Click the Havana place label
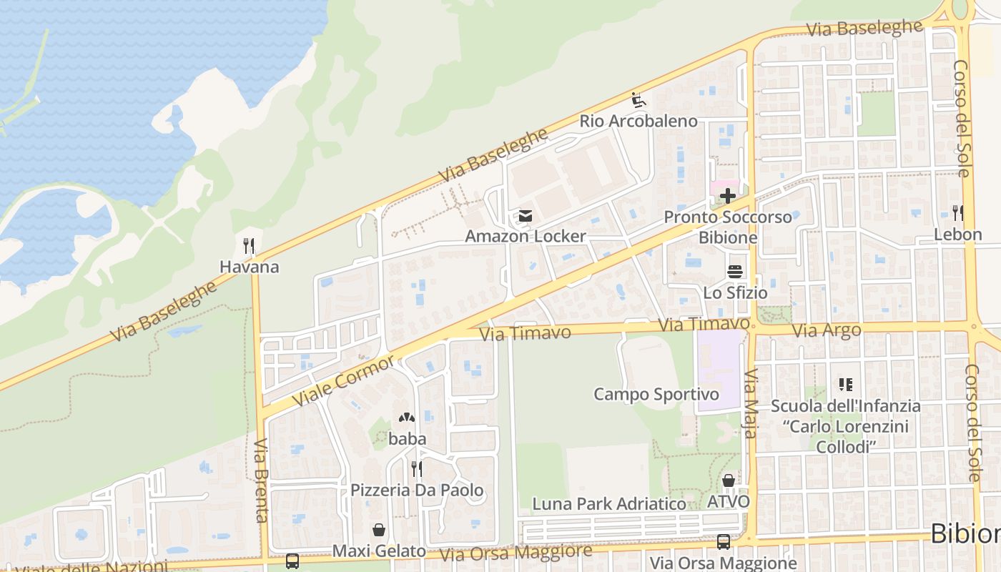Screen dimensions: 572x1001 (249, 267)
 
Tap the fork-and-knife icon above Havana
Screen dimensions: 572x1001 (249, 246)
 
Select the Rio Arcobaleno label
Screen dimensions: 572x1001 (638, 121)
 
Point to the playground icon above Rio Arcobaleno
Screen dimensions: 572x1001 (638, 100)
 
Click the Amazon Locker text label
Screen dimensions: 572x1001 (526, 236)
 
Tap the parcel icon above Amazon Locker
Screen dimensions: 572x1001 (526, 215)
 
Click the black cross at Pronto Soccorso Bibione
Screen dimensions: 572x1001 (728, 195)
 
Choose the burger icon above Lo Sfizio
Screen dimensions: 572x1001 (735, 272)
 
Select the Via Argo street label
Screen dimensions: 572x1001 (817, 330)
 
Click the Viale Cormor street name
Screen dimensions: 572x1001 (344, 380)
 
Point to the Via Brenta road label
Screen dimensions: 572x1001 (261, 480)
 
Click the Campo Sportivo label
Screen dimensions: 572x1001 (656, 394)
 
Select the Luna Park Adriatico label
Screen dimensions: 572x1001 (609, 503)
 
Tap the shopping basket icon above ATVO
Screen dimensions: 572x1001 (728, 480)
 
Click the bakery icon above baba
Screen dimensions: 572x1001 (407, 418)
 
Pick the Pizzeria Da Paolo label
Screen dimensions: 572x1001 (417, 490)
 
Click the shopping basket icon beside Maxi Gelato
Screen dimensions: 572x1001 (378, 530)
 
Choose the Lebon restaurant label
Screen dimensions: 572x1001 (958, 235)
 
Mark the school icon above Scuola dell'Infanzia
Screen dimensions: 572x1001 (846, 385)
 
